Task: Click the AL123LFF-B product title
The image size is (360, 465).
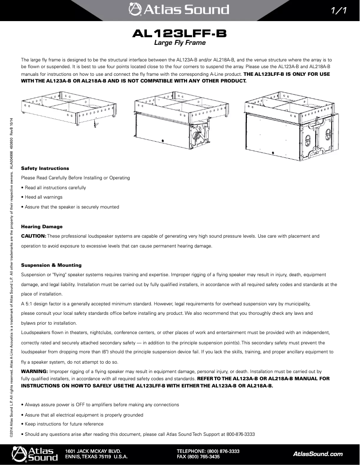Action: [180, 34]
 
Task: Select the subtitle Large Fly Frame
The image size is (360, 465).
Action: [180, 43]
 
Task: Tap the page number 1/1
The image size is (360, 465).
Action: [338, 10]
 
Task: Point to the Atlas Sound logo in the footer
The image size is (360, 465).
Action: [35, 454]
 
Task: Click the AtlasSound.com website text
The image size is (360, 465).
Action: [317, 454]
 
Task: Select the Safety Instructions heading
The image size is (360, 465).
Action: [45, 168]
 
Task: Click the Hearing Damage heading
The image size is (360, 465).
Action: [42, 226]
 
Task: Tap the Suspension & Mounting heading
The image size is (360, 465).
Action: [52, 265]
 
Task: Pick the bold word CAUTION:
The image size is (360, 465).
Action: [34, 236]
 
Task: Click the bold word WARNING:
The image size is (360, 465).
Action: [35, 372]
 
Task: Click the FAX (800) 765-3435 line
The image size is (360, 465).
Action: [198, 457]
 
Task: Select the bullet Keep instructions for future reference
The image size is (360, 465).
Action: [64, 424]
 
